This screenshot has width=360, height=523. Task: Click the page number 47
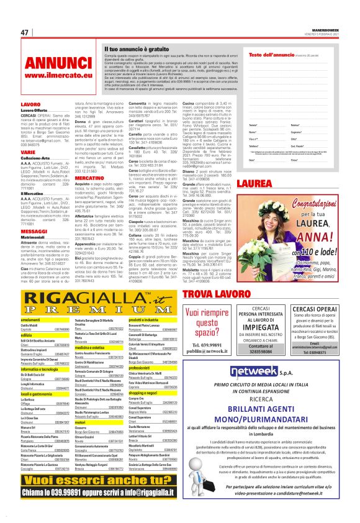point(25,32)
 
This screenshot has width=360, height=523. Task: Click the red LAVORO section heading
point(30,104)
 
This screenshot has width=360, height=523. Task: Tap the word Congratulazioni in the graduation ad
point(310,202)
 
